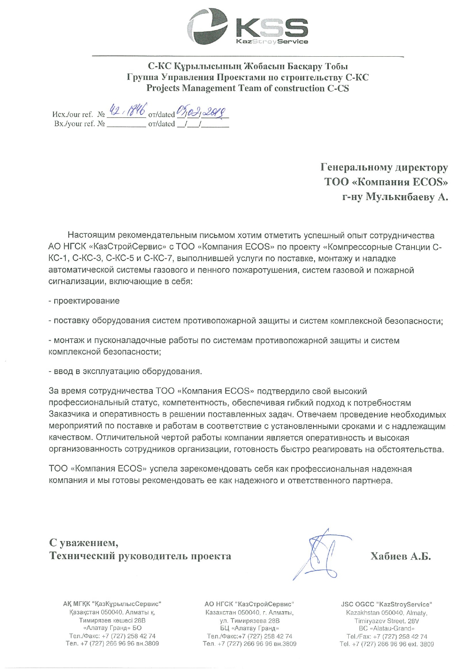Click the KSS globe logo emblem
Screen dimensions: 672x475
click(x=207, y=27)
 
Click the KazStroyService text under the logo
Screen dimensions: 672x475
click(x=272, y=42)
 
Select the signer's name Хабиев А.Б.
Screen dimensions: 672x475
click(x=400, y=556)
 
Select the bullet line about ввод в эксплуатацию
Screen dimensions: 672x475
click(x=125, y=371)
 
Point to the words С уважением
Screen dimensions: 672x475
click(x=83, y=542)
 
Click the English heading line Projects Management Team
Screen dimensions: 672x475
click(x=247, y=88)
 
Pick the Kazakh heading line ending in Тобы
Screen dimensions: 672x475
click(x=247, y=67)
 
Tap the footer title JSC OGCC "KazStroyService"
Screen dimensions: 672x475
click(x=387, y=604)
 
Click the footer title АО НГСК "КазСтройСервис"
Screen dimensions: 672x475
click(x=249, y=604)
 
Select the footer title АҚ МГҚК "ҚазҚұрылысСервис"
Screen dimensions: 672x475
click(x=112, y=604)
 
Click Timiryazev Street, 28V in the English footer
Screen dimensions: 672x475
click(x=387, y=620)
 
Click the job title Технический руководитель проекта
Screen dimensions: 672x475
click(x=140, y=556)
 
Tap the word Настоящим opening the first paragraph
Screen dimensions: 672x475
click(x=90, y=235)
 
